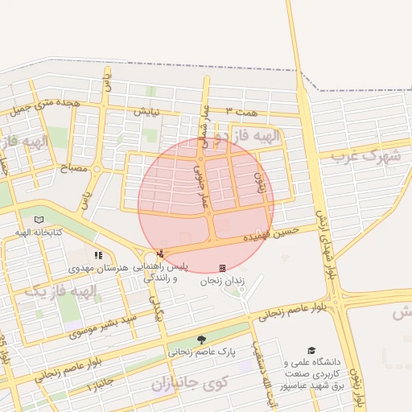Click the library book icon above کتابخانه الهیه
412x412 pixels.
coord(39,219)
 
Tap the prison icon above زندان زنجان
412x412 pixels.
coord(222,268)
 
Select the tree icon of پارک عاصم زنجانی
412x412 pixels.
coord(200,340)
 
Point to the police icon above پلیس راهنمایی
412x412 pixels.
coord(160,254)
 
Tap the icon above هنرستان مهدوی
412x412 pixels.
coord(98,255)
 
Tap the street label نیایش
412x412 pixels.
coord(147,113)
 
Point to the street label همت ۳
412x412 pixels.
coord(240,110)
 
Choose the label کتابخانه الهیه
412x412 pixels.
coord(38,233)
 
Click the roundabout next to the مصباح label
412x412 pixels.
coord(97,169)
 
